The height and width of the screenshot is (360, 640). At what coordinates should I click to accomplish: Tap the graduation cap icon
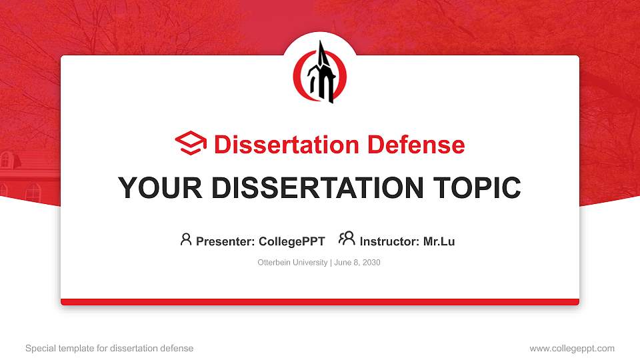click(191, 143)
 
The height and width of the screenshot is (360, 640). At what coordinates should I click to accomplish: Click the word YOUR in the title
click(148, 188)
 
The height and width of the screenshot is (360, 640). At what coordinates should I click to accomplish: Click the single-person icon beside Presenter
click(186, 239)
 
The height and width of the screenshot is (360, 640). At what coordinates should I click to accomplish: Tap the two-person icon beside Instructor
click(347, 239)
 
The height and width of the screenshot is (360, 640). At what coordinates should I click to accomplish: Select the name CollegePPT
click(293, 241)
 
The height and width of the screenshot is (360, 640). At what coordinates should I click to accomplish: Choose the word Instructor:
click(390, 241)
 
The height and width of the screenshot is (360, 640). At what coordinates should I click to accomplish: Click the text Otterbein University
click(292, 263)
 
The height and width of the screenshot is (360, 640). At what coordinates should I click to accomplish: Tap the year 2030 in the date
click(371, 263)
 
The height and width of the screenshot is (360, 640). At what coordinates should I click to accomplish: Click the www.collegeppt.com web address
click(572, 348)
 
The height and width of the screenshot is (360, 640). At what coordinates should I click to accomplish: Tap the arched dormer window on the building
click(5, 159)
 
